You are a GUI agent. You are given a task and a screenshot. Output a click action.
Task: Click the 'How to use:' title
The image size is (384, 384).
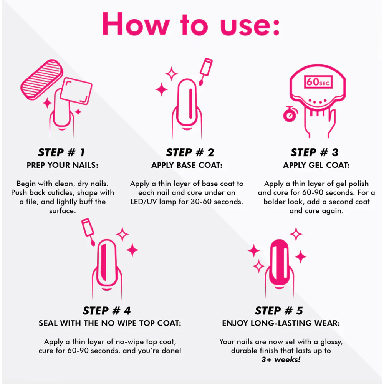point(190,24)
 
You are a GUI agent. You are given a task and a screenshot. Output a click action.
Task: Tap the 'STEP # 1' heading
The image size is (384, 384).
point(61,152)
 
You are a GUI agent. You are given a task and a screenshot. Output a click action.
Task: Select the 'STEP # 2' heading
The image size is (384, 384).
point(190,152)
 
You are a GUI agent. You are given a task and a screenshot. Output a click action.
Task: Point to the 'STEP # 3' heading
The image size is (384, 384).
point(314,152)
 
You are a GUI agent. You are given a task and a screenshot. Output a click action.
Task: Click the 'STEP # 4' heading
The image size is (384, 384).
point(107,311)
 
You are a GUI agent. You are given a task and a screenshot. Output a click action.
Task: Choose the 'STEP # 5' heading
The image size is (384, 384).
point(279,311)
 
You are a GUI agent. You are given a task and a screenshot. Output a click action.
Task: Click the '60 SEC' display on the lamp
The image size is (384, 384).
point(318,82)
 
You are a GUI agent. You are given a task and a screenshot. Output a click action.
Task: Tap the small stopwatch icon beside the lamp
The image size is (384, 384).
point(290,114)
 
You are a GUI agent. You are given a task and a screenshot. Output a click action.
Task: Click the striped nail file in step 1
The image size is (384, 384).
point(41,79)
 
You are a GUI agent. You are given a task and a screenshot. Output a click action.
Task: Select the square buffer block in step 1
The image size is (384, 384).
point(76,91)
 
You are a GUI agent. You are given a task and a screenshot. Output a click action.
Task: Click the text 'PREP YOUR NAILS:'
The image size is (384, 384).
point(63,165)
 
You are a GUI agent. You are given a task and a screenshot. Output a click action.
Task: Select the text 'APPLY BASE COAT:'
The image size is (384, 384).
point(187,165)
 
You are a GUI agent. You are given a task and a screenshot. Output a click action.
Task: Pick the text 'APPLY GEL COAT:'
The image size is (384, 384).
point(316,165)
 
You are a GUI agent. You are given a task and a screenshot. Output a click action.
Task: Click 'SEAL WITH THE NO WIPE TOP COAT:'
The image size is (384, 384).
point(110,323)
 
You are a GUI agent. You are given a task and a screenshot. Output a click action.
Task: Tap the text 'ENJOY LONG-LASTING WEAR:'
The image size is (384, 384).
point(281,323)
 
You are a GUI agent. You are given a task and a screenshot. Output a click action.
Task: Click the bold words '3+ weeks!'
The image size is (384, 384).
point(281,359)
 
